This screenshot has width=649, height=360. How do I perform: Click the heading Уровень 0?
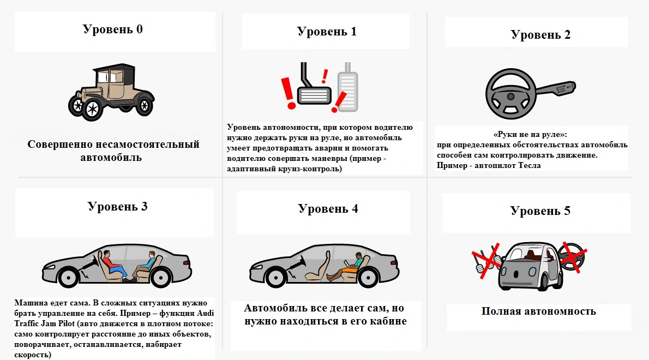tap(113, 29)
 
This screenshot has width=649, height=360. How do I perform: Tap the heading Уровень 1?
tap(327, 31)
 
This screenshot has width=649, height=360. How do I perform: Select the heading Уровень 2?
tap(540, 34)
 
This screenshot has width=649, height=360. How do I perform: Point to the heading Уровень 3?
tap(117, 206)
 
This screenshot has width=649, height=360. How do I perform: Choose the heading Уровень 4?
tap(328, 208)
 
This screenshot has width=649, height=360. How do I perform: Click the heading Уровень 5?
tap(540, 211)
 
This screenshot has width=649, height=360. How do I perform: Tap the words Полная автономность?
tap(539, 311)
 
